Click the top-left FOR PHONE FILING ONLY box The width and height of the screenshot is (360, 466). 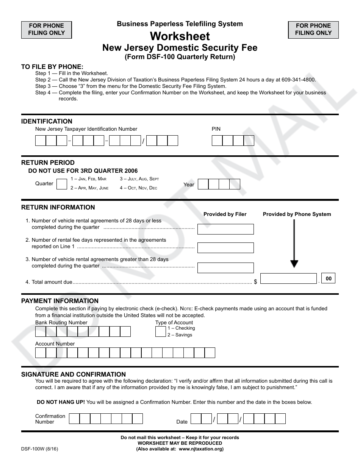pos(46,30)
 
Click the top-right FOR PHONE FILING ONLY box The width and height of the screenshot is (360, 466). pos(313,30)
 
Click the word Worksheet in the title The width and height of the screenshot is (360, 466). pos(180,36)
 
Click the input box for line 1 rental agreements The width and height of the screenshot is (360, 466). pos(225,229)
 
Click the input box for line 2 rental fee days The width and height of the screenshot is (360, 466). pos(225,248)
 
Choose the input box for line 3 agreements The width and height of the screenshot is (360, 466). pos(225,267)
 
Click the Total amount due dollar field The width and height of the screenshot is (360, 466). pos(288,278)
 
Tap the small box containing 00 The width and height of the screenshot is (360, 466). pos(329,278)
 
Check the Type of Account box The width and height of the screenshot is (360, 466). pos(160,332)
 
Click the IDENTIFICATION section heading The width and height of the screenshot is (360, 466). pos(47,121)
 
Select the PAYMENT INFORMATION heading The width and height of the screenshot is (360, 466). pos(60,301)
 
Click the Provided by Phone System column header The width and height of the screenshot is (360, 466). pos(297,214)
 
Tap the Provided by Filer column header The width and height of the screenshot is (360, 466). pos(225,214)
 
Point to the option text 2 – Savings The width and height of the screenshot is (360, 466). pos(180,335)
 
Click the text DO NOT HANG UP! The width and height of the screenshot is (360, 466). pos(61,402)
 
